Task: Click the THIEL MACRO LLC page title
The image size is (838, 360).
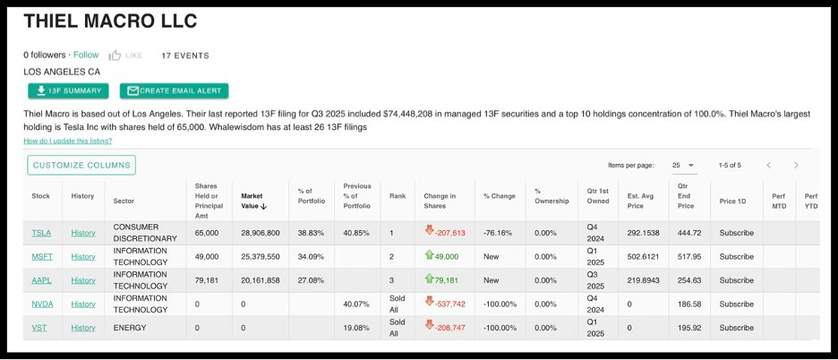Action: coord(110,21)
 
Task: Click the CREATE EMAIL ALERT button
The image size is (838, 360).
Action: coord(175,90)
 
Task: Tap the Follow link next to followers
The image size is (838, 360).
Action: coord(86,56)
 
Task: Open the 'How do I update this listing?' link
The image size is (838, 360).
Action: coord(68,141)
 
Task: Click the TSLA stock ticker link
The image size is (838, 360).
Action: coord(41,233)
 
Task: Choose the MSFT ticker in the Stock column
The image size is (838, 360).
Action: coord(42,256)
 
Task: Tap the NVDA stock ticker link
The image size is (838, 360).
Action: coord(42,304)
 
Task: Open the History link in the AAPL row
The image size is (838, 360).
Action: coord(83,280)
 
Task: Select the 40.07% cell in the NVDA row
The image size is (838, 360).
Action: coord(357,304)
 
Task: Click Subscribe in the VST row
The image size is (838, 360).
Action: coord(737,328)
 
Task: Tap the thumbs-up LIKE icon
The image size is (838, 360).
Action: coord(115,56)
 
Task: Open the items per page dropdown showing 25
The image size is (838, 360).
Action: coord(683,166)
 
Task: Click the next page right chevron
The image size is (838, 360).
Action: coord(796,166)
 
